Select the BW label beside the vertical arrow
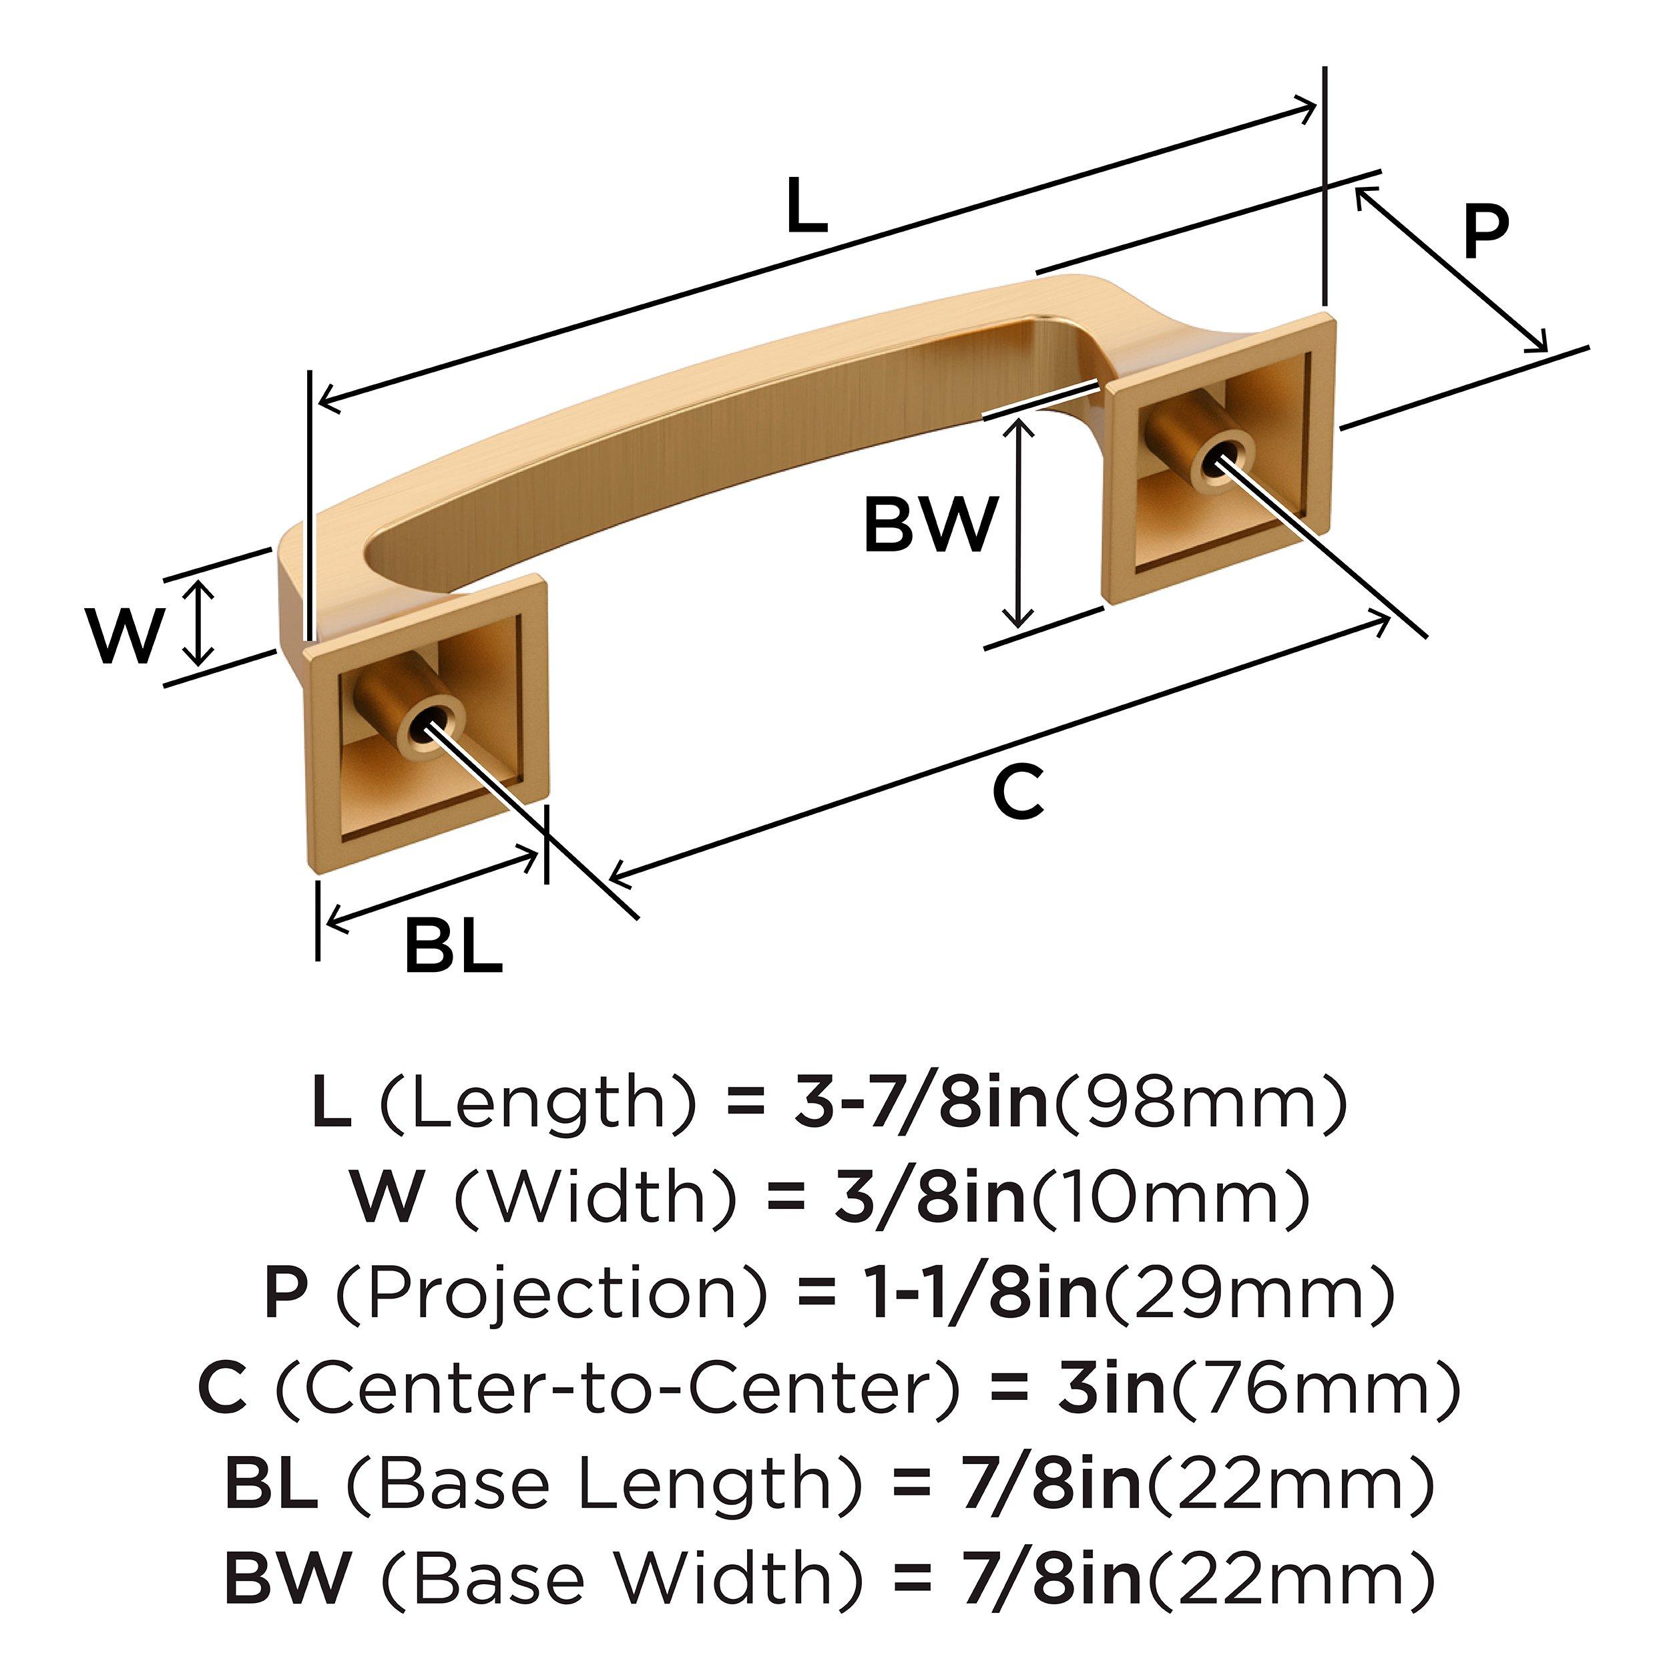point(931,525)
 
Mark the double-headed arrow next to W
point(200,623)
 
